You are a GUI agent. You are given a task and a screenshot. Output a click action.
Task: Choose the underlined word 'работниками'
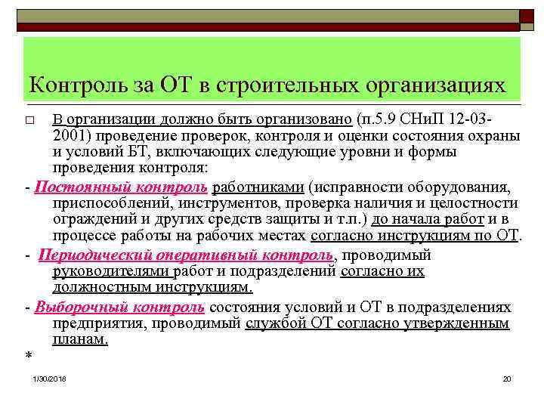coord(259,188)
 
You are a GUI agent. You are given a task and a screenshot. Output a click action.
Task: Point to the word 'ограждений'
coord(91,218)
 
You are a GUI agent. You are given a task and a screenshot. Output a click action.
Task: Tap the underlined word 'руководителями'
coord(111,270)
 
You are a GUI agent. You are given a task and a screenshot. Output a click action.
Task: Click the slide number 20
coord(507,377)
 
